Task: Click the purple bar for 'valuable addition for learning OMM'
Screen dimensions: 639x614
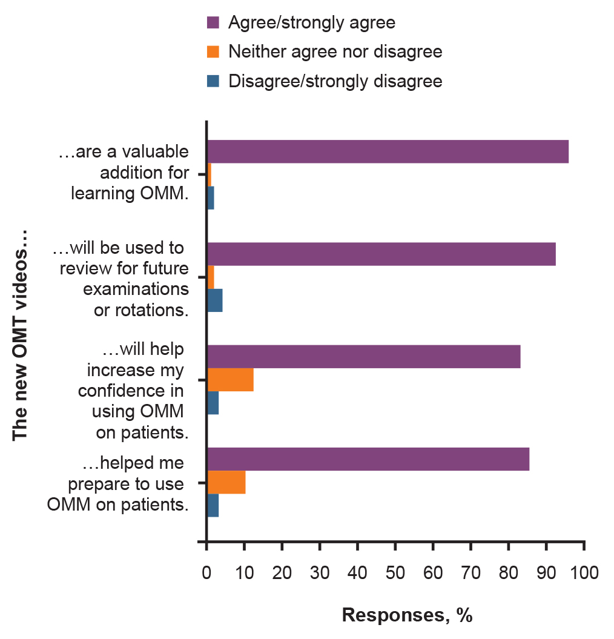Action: pos(388,151)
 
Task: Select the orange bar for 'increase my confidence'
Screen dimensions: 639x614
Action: pos(230,380)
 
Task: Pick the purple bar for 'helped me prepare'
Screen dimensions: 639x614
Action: pos(368,459)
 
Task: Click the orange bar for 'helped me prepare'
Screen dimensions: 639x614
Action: pos(226,482)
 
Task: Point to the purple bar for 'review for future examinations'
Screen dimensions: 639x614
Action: pos(381,254)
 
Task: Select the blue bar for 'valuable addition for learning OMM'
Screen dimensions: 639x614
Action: pos(211,198)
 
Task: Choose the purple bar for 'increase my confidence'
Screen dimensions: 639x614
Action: pos(364,356)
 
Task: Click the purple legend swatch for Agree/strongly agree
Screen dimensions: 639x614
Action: pos(212,23)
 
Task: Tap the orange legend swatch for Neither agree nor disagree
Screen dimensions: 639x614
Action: pos(212,52)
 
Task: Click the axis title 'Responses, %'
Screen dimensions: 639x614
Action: pos(406,615)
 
